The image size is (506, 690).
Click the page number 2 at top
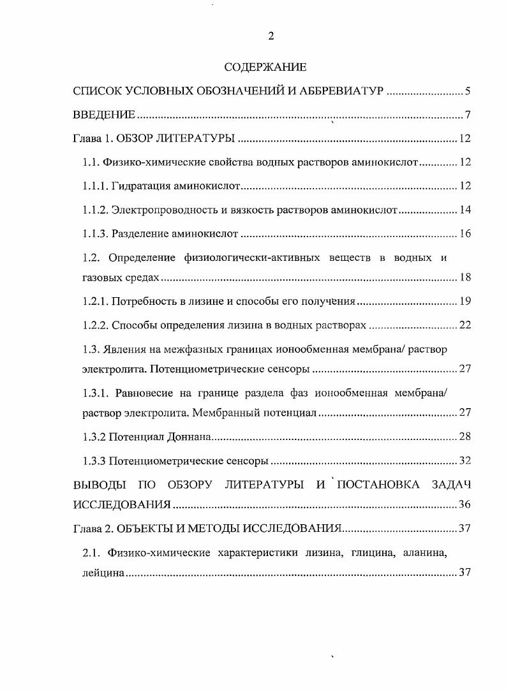click(271, 36)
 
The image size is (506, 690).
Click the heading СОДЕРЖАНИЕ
click(266, 66)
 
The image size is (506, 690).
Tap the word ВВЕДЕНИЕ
click(105, 115)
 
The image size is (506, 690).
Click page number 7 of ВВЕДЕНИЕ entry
click(467, 115)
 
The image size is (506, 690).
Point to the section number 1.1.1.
click(96, 186)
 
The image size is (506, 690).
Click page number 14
click(465, 210)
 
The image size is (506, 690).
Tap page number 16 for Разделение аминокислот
click(465, 233)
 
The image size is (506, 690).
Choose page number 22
click(465, 325)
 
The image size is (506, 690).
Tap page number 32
click(465, 460)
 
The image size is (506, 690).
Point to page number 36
click(465, 505)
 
